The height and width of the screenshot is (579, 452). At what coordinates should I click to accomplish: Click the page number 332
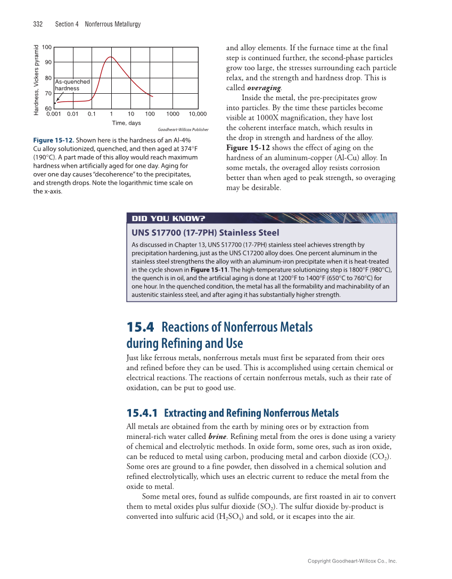click(x=38, y=24)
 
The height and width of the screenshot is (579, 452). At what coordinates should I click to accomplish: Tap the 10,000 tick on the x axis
click(x=197, y=114)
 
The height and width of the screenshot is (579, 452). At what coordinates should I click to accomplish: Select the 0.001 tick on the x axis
click(x=54, y=114)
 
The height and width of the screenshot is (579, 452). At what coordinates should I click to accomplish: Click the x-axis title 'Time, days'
click(x=127, y=123)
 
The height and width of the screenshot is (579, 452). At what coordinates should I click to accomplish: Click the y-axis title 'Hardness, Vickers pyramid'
click(x=36, y=79)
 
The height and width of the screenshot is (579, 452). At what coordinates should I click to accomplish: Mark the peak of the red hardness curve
click(x=111, y=56)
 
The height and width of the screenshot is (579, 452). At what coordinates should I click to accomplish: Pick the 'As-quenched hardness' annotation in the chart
click(x=72, y=85)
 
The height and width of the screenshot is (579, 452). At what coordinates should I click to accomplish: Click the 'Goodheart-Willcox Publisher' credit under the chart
click(x=183, y=129)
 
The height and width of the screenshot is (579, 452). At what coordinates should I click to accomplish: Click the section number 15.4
click(x=141, y=327)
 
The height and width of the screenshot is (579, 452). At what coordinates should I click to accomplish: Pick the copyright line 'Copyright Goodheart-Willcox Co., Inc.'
click(x=352, y=560)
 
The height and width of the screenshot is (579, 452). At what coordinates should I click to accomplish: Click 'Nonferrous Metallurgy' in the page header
click(x=112, y=24)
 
